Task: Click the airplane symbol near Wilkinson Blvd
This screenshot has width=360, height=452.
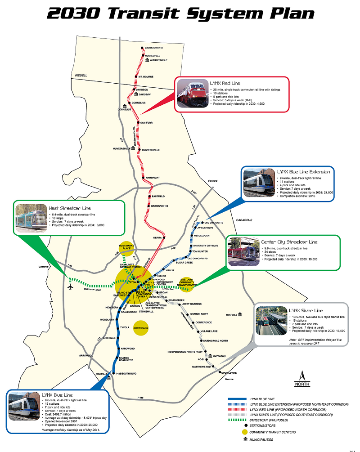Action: click(71, 286)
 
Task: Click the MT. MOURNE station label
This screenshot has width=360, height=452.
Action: click(146, 77)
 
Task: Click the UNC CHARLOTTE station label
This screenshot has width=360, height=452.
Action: click(214, 223)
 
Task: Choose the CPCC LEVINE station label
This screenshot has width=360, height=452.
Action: click(229, 373)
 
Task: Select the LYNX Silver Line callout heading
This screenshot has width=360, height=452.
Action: click(306, 310)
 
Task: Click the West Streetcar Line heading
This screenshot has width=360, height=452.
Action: click(70, 208)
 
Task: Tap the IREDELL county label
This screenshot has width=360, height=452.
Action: click(81, 75)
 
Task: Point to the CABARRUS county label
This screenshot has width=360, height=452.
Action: click(244, 220)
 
